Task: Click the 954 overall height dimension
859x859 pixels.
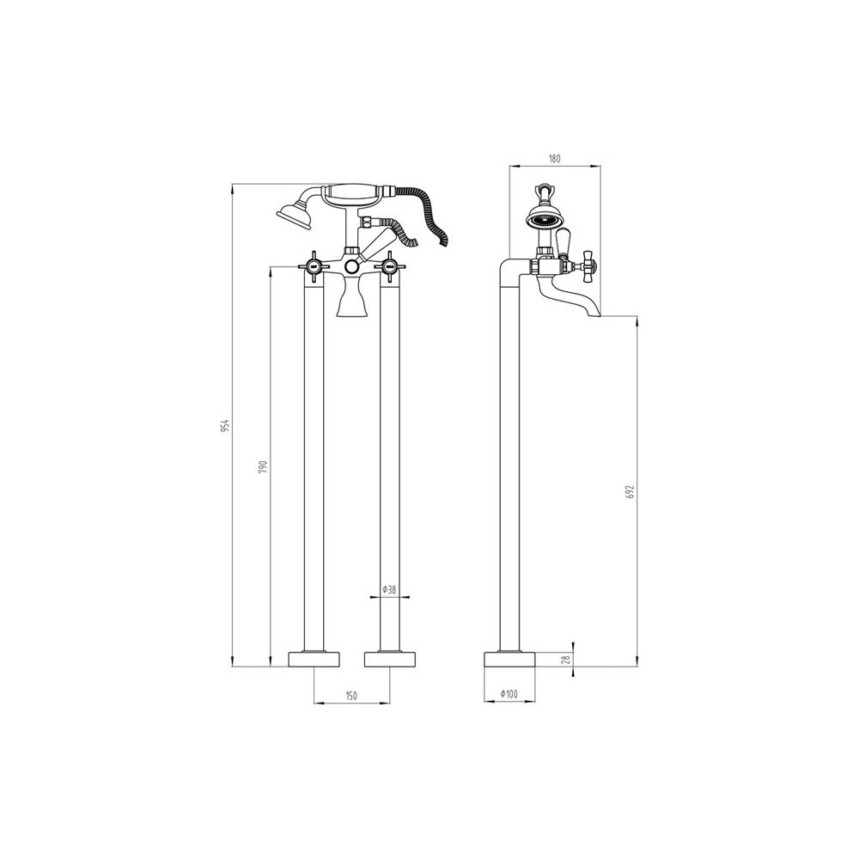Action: (x=224, y=424)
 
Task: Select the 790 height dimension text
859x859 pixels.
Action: (x=262, y=466)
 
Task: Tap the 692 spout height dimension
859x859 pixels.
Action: (x=630, y=490)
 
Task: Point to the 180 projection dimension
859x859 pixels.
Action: (x=554, y=159)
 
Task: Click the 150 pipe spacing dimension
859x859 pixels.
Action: (x=351, y=696)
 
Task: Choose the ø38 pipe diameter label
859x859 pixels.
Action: (x=389, y=590)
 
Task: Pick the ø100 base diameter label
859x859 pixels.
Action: (x=509, y=694)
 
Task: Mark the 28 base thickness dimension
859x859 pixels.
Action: (x=567, y=659)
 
